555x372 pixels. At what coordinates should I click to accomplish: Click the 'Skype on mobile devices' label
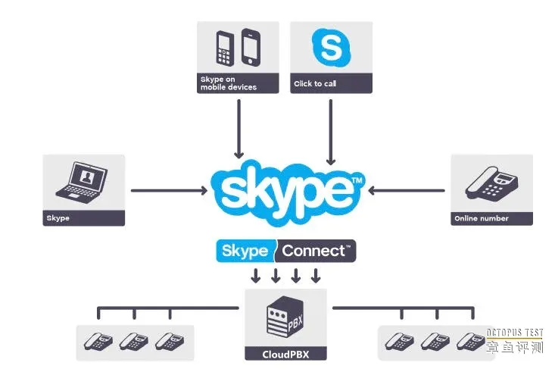point(228,83)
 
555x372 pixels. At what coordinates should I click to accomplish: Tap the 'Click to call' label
point(315,83)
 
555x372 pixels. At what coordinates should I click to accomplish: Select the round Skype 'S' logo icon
point(331,48)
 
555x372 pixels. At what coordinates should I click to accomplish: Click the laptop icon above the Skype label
point(83,183)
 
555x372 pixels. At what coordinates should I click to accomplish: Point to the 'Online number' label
point(481,218)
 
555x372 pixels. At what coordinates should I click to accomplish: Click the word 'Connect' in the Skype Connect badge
point(316,250)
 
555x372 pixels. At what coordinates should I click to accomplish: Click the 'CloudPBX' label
point(285,353)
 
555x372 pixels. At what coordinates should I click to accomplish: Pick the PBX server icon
point(285,318)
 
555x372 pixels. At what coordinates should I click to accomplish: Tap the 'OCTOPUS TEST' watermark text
point(515,332)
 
